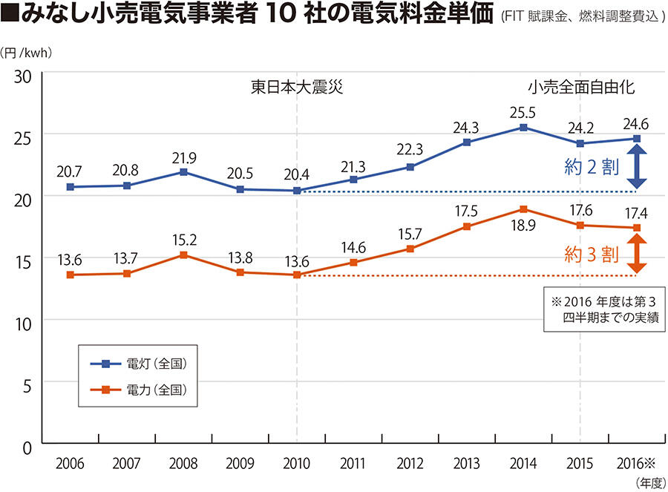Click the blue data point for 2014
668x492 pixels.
(x=523, y=128)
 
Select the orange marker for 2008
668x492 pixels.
(x=183, y=255)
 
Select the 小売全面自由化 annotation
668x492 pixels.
(x=581, y=86)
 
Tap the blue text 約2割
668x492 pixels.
(x=592, y=168)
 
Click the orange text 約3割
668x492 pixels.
(x=592, y=255)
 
